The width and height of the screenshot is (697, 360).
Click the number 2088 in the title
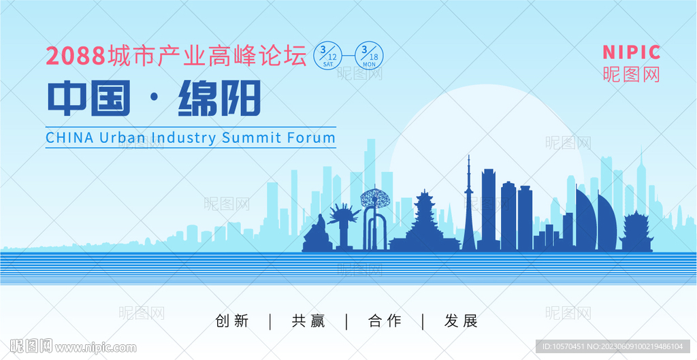pos(76,56)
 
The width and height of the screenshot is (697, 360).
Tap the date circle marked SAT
pos(328,56)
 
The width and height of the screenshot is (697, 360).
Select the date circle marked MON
pos(369,56)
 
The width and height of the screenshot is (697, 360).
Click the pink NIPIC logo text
pos(631,52)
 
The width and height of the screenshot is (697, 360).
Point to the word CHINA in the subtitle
pos(70,137)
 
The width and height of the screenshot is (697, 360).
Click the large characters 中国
pos(89,98)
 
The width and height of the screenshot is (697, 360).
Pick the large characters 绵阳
pos(219,98)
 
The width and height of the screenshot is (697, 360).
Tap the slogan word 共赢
pos(308,321)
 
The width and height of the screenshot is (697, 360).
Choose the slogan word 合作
pos(385,321)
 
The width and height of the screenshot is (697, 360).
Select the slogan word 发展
pos(461,321)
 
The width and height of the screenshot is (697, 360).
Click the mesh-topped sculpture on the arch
pos(375,198)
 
